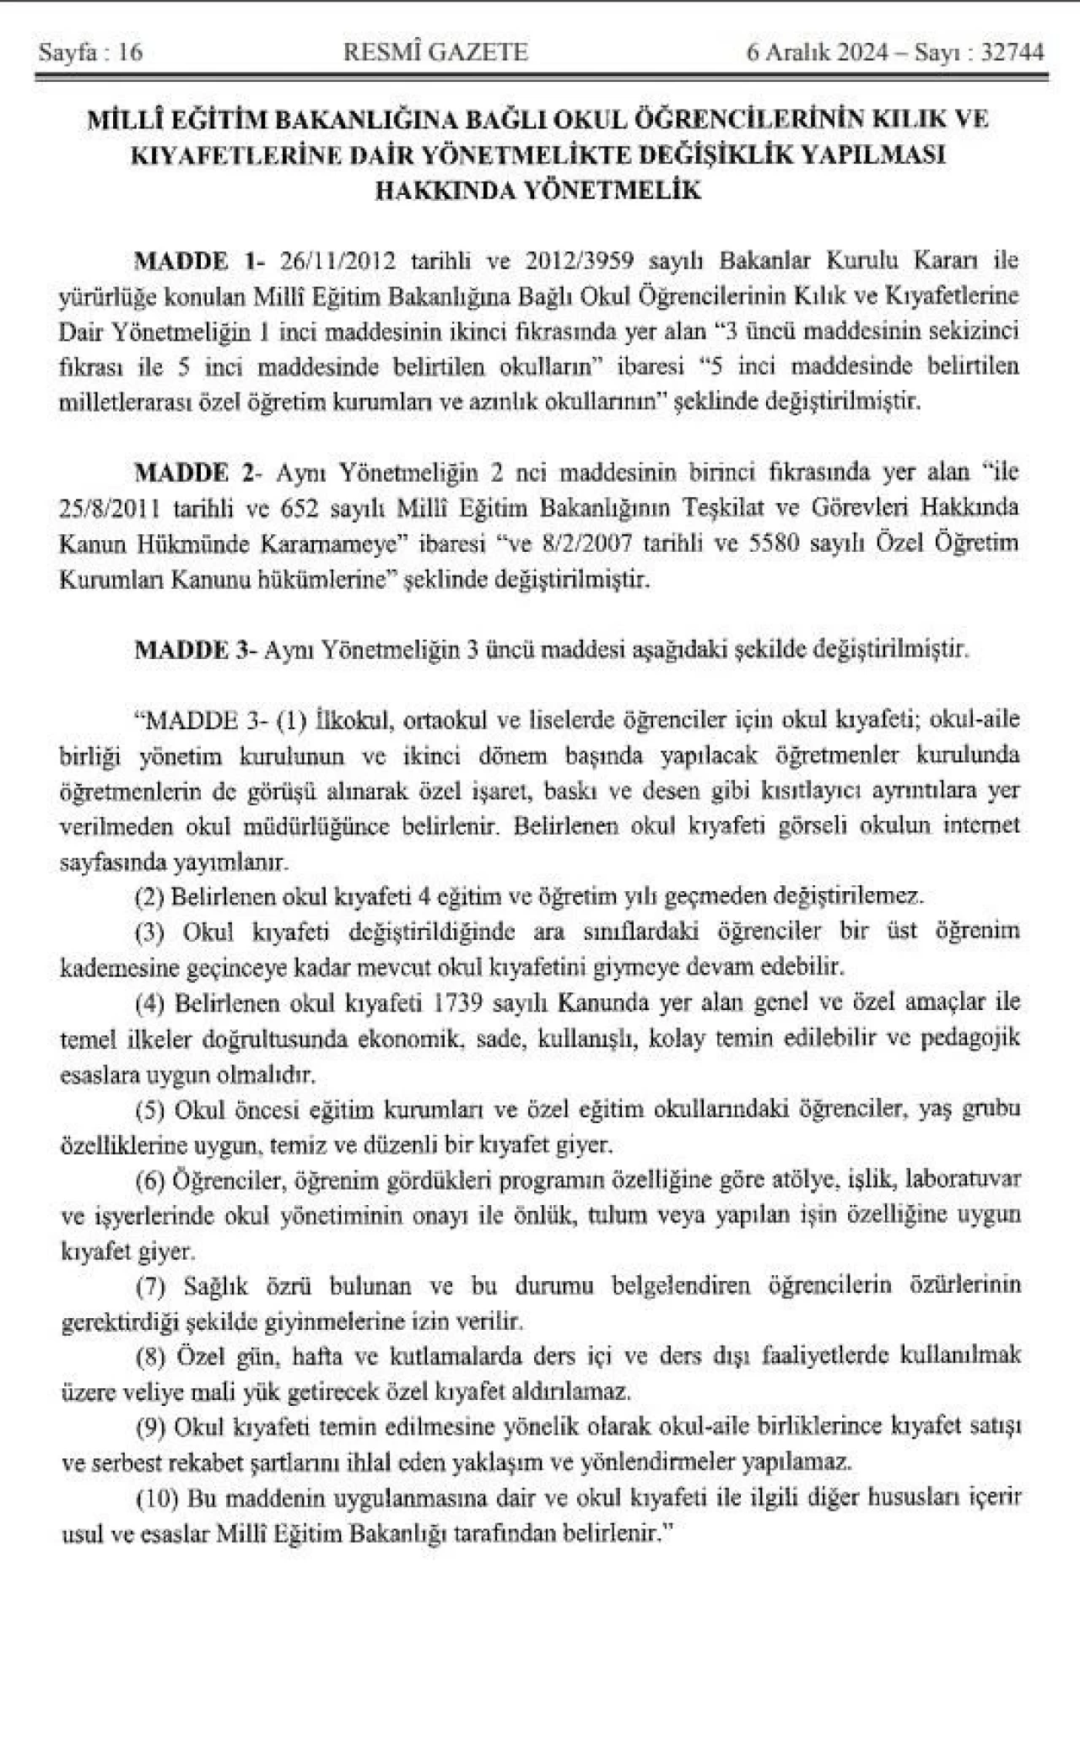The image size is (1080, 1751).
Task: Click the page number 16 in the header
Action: coord(131,53)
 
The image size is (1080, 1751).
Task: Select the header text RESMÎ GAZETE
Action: coord(436,53)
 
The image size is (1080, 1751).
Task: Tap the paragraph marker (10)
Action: coord(156,1497)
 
